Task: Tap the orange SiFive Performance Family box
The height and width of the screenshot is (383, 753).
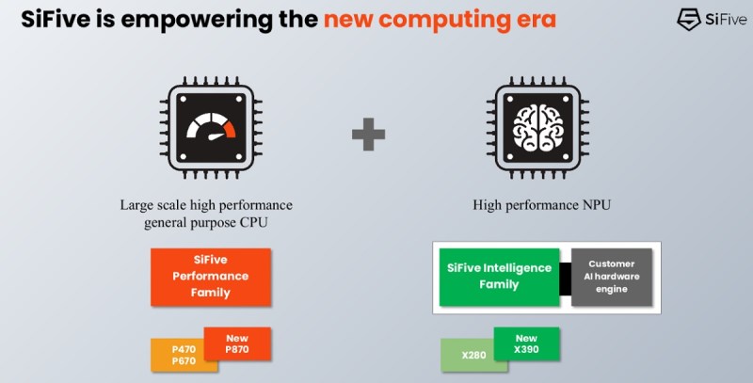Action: [x=210, y=277]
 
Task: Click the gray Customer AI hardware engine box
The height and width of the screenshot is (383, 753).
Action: [x=612, y=277]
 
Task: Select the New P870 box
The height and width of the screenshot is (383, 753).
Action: [x=237, y=343]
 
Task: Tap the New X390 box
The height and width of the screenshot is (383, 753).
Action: [x=526, y=344]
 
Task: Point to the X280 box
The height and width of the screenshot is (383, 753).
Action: [x=467, y=356]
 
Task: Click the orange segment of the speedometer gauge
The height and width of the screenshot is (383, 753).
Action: [x=229, y=125]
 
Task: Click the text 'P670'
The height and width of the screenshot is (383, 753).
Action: [x=184, y=361]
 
